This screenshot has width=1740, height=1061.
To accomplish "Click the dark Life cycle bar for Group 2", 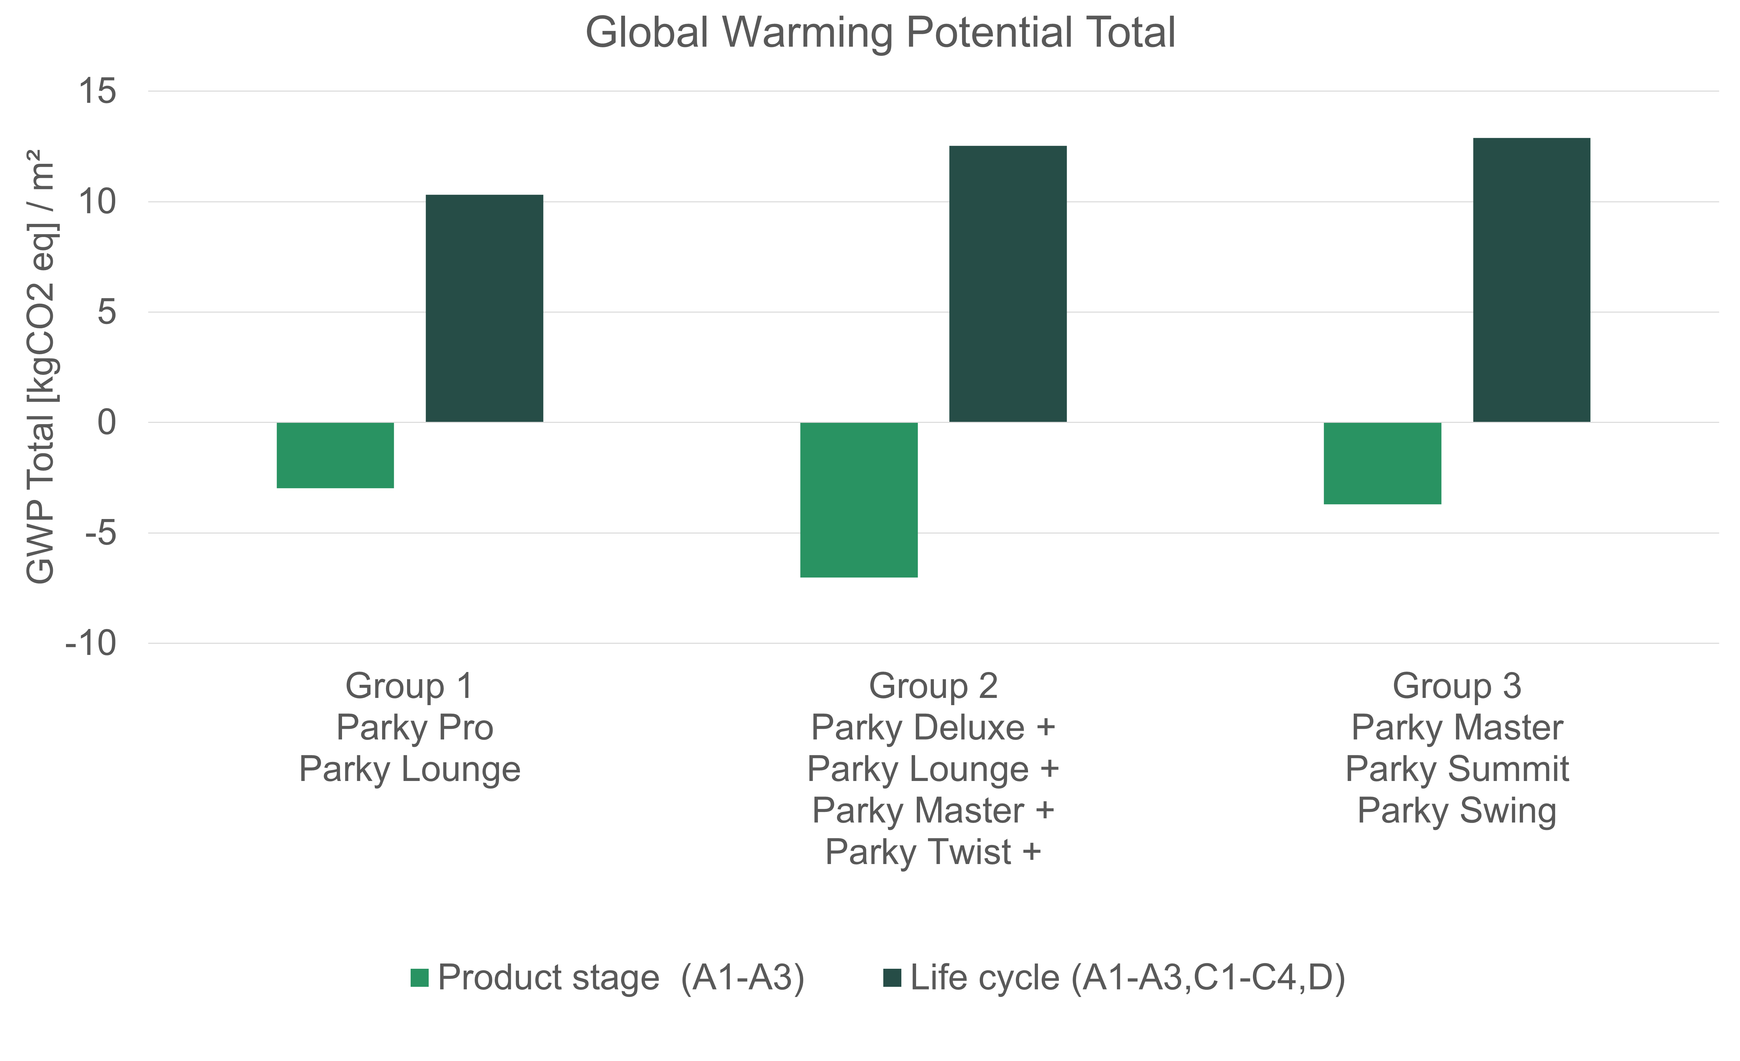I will [1008, 284].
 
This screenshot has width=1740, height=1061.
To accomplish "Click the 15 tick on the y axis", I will [97, 92].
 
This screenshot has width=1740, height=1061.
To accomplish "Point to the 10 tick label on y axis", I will [97, 202].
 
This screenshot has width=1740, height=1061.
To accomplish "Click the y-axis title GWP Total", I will [41, 367].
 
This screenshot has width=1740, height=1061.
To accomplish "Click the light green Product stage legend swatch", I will [419, 978].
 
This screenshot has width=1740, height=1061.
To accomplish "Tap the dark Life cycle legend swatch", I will [892, 978].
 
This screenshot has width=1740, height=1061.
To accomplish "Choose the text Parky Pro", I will [415, 727].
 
